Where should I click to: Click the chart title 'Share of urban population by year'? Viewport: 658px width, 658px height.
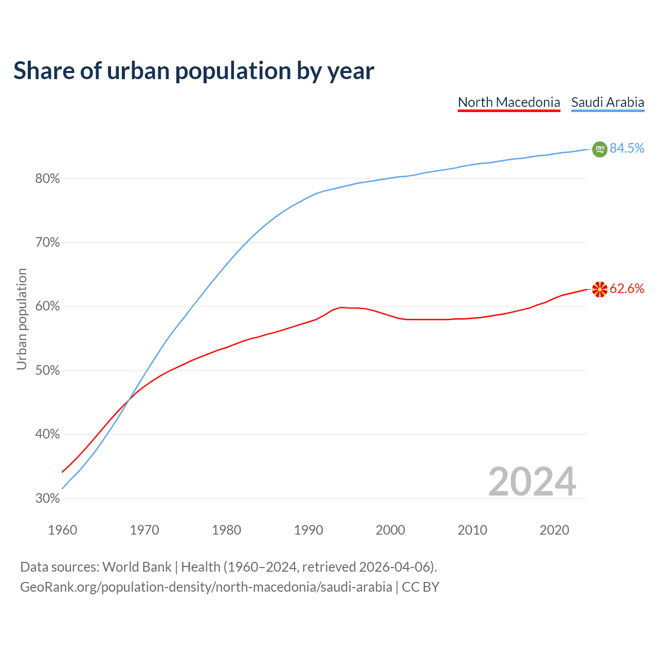(194, 71)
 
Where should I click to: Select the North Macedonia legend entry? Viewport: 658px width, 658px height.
(509, 102)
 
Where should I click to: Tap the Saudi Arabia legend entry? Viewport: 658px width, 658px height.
(608, 102)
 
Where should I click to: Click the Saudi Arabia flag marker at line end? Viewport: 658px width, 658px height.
(599, 149)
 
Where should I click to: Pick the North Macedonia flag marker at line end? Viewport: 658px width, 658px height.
(599, 289)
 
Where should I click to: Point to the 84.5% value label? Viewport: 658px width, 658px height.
(627, 148)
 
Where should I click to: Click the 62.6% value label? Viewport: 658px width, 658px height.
(627, 289)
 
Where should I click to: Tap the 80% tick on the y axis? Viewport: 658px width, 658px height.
(47, 179)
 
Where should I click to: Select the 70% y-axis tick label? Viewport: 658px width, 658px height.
(47, 243)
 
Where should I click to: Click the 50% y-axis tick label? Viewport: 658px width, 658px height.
(47, 371)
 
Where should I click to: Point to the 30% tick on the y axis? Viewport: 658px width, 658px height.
(47, 499)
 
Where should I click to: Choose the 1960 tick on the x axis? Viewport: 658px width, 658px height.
(63, 530)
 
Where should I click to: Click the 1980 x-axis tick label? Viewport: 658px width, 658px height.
(227, 530)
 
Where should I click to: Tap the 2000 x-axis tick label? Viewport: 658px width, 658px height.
(391, 530)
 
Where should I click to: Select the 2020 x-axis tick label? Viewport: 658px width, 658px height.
(554, 530)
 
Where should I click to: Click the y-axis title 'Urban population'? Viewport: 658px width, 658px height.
(22, 319)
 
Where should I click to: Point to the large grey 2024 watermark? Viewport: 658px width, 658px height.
(532, 482)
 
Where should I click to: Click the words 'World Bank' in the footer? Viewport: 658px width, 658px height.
(137, 567)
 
